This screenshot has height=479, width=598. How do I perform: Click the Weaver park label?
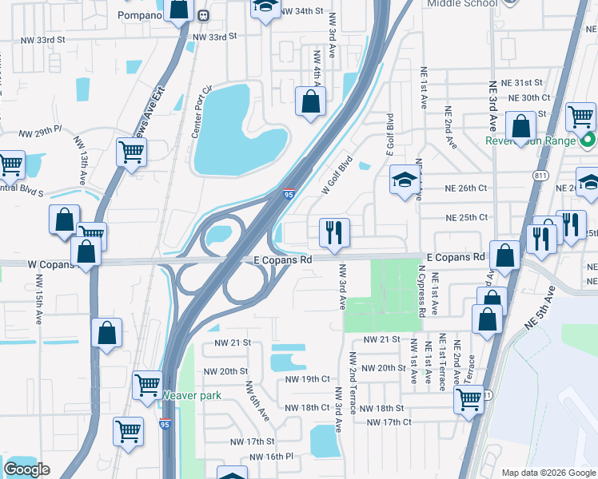click(x=191, y=395)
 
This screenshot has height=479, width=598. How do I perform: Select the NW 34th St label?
click(x=302, y=12)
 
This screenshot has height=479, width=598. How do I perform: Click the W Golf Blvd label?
click(x=337, y=175)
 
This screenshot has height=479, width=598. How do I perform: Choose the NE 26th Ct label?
click(x=466, y=189)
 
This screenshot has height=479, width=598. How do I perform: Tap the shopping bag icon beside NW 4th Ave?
click(x=310, y=102)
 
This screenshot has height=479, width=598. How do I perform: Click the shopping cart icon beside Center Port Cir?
click(x=131, y=152)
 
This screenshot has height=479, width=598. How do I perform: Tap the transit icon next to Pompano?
click(x=204, y=15)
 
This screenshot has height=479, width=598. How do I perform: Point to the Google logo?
click(x=26, y=469)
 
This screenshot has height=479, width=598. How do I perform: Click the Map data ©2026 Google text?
click(x=548, y=472)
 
